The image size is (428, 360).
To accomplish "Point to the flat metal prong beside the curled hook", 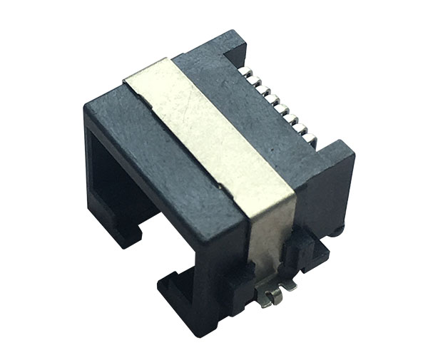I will (x=288, y=284).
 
